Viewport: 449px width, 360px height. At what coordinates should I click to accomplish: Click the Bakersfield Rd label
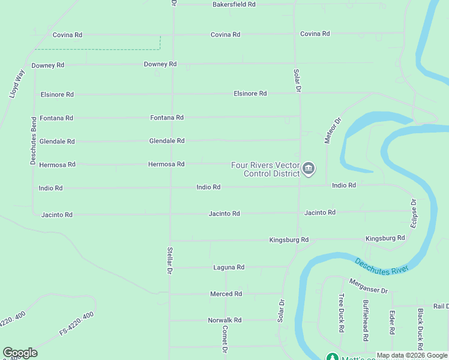coord(234,4)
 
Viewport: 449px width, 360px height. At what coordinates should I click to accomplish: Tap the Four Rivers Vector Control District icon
coord(309,169)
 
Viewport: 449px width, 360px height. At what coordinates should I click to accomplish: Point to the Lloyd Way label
coord(17,84)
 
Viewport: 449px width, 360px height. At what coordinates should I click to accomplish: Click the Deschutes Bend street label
coord(34,140)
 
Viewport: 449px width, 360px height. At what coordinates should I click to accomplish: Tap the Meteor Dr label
coord(333,130)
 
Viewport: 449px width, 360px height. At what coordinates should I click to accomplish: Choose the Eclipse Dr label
coord(414,212)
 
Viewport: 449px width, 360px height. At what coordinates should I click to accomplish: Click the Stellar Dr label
coord(170,260)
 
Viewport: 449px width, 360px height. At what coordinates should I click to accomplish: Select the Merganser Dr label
coord(369,286)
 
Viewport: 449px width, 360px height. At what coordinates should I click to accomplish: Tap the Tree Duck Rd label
coord(341,313)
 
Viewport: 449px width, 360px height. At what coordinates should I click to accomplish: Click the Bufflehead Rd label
coord(366,317)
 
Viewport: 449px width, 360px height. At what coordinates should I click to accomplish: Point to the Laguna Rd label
coord(229,267)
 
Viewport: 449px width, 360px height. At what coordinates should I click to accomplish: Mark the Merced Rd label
coord(226,294)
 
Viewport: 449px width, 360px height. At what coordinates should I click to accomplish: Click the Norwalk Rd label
coord(224,320)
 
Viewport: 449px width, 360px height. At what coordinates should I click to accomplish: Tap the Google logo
coord(20,353)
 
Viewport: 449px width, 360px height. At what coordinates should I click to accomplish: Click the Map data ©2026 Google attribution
coord(411,355)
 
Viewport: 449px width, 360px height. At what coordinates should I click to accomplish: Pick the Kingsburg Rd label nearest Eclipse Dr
coord(385,238)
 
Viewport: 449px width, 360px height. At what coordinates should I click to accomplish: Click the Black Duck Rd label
coord(421,329)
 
